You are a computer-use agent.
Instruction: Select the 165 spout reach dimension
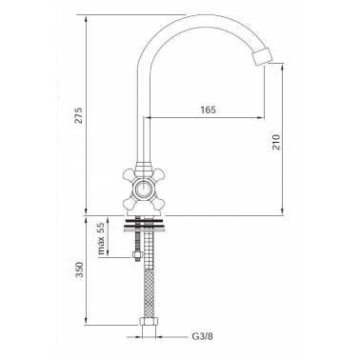click(209, 110)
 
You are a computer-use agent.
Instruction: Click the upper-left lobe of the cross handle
click(129, 176)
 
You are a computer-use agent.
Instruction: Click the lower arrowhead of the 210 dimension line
click(281, 214)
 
